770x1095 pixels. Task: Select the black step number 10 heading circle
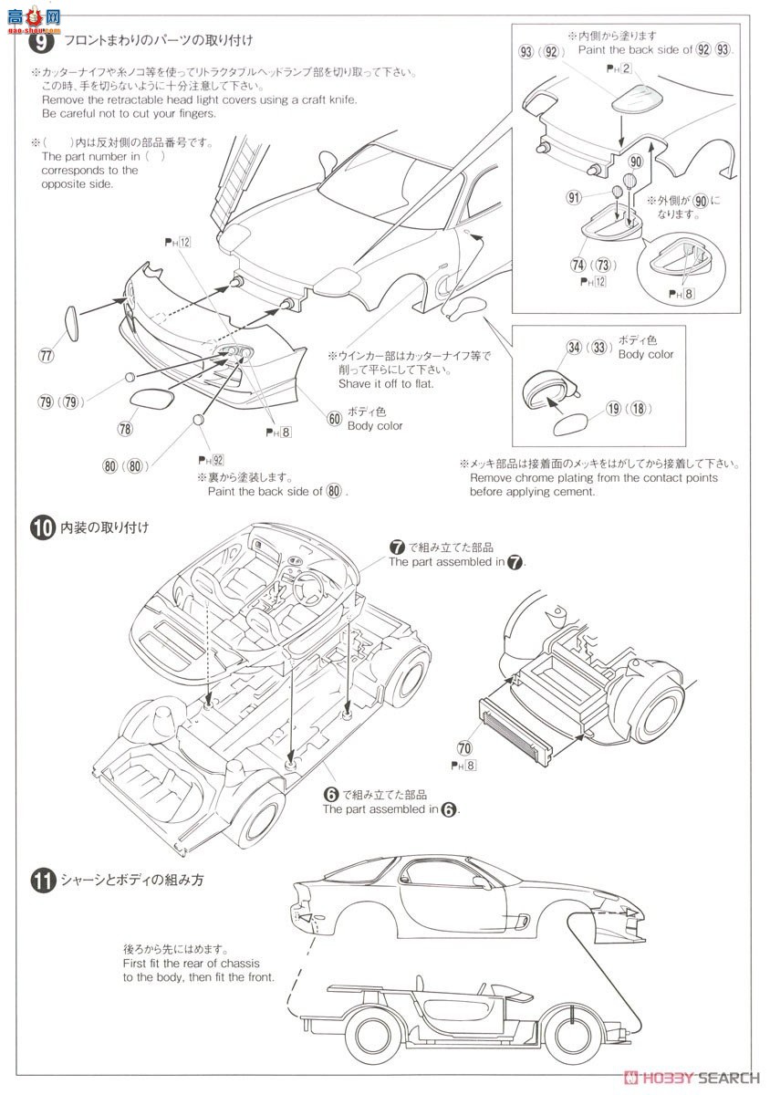pyautogui.click(x=41, y=527)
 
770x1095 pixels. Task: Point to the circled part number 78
pyautogui.click(x=125, y=426)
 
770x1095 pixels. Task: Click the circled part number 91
pyautogui.click(x=575, y=196)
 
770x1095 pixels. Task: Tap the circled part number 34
pyautogui.click(x=574, y=347)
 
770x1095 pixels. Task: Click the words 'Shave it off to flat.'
pyautogui.click(x=386, y=383)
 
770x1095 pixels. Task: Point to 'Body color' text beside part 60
pyautogui.click(x=374, y=425)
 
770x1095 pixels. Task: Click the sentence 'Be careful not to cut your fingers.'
pyautogui.click(x=129, y=113)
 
